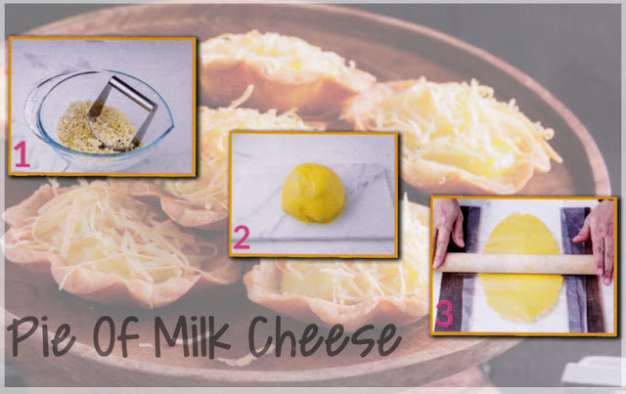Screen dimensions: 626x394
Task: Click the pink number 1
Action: tap(22, 154)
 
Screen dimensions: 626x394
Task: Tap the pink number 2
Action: tap(241, 238)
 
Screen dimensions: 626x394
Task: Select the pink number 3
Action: tap(445, 314)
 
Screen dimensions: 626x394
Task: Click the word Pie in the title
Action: tap(41, 336)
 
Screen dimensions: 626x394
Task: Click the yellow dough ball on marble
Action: tap(313, 193)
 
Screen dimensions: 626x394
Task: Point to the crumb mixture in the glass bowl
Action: tap(97, 128)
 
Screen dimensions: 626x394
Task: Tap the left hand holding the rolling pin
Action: tap(449, 232)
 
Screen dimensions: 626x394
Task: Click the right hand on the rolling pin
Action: tap(597, 240)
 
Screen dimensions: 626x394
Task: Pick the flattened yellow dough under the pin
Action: tap(520, 268)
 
